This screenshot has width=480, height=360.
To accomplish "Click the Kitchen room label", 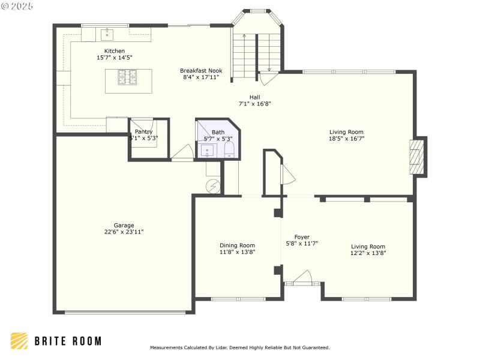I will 115,51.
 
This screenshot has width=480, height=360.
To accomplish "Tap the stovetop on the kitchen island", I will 127,76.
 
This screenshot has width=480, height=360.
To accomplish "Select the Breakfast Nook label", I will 200,70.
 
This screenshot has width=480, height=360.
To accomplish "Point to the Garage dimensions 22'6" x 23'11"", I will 124,232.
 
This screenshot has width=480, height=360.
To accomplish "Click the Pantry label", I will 143,131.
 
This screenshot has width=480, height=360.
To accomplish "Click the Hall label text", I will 255,97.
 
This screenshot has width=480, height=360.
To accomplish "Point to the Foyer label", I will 302,237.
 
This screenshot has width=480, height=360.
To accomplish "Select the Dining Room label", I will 237,245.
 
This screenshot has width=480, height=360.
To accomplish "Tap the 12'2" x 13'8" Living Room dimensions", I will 368,253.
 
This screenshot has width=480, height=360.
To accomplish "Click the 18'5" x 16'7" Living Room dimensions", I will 346,139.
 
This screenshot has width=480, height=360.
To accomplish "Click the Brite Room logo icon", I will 19,341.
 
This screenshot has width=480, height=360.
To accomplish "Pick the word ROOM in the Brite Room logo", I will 85,341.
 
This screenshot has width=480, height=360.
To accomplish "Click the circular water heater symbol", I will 213,185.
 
